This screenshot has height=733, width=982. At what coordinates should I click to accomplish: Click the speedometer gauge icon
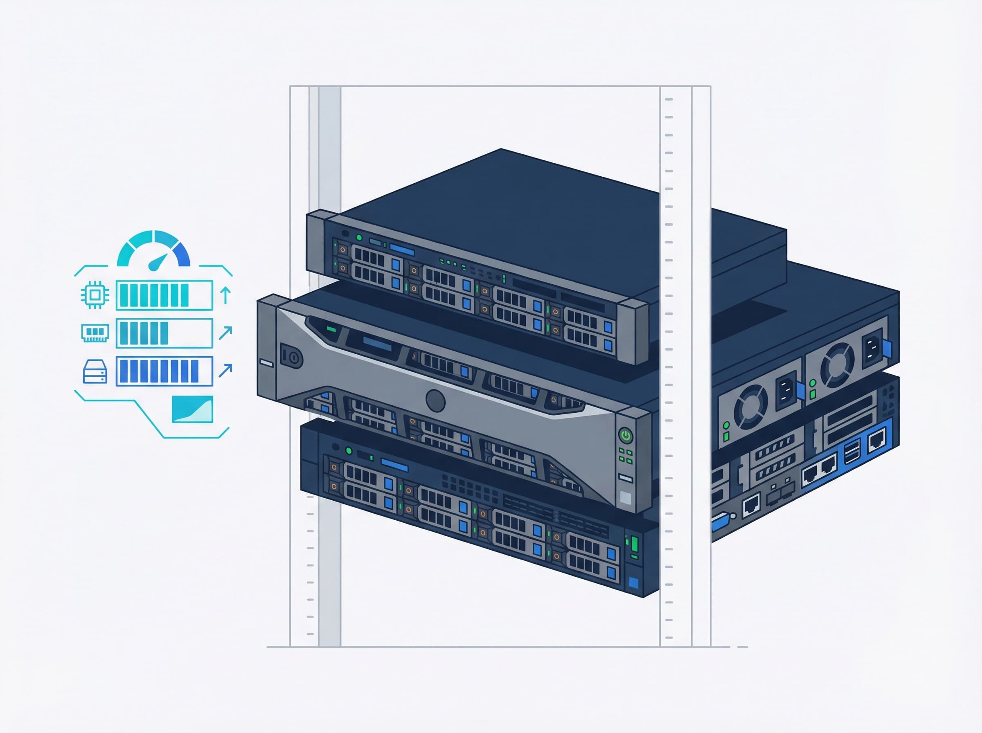click(x=153, y=250)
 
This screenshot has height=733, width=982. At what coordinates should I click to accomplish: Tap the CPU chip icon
click(x=95, y=294)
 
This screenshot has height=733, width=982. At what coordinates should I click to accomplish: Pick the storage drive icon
click(x=95, y=371)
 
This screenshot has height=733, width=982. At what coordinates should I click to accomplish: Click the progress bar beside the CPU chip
click(x=164, y=295)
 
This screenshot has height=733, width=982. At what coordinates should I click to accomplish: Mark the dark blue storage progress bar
click(x=164, y=371)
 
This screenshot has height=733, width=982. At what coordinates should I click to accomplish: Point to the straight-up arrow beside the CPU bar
click(x=225, y=295)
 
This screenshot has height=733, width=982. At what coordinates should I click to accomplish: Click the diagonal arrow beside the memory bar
click(x=225, y=332)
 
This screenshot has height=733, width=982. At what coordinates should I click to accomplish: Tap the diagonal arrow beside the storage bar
click(x=225, y=370)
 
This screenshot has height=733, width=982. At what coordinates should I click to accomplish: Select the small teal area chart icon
click(x=192, y=409)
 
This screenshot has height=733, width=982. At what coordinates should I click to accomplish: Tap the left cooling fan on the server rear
click(x=750, y=406)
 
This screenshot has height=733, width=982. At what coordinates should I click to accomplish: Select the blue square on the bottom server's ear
click(x=634, y=582)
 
